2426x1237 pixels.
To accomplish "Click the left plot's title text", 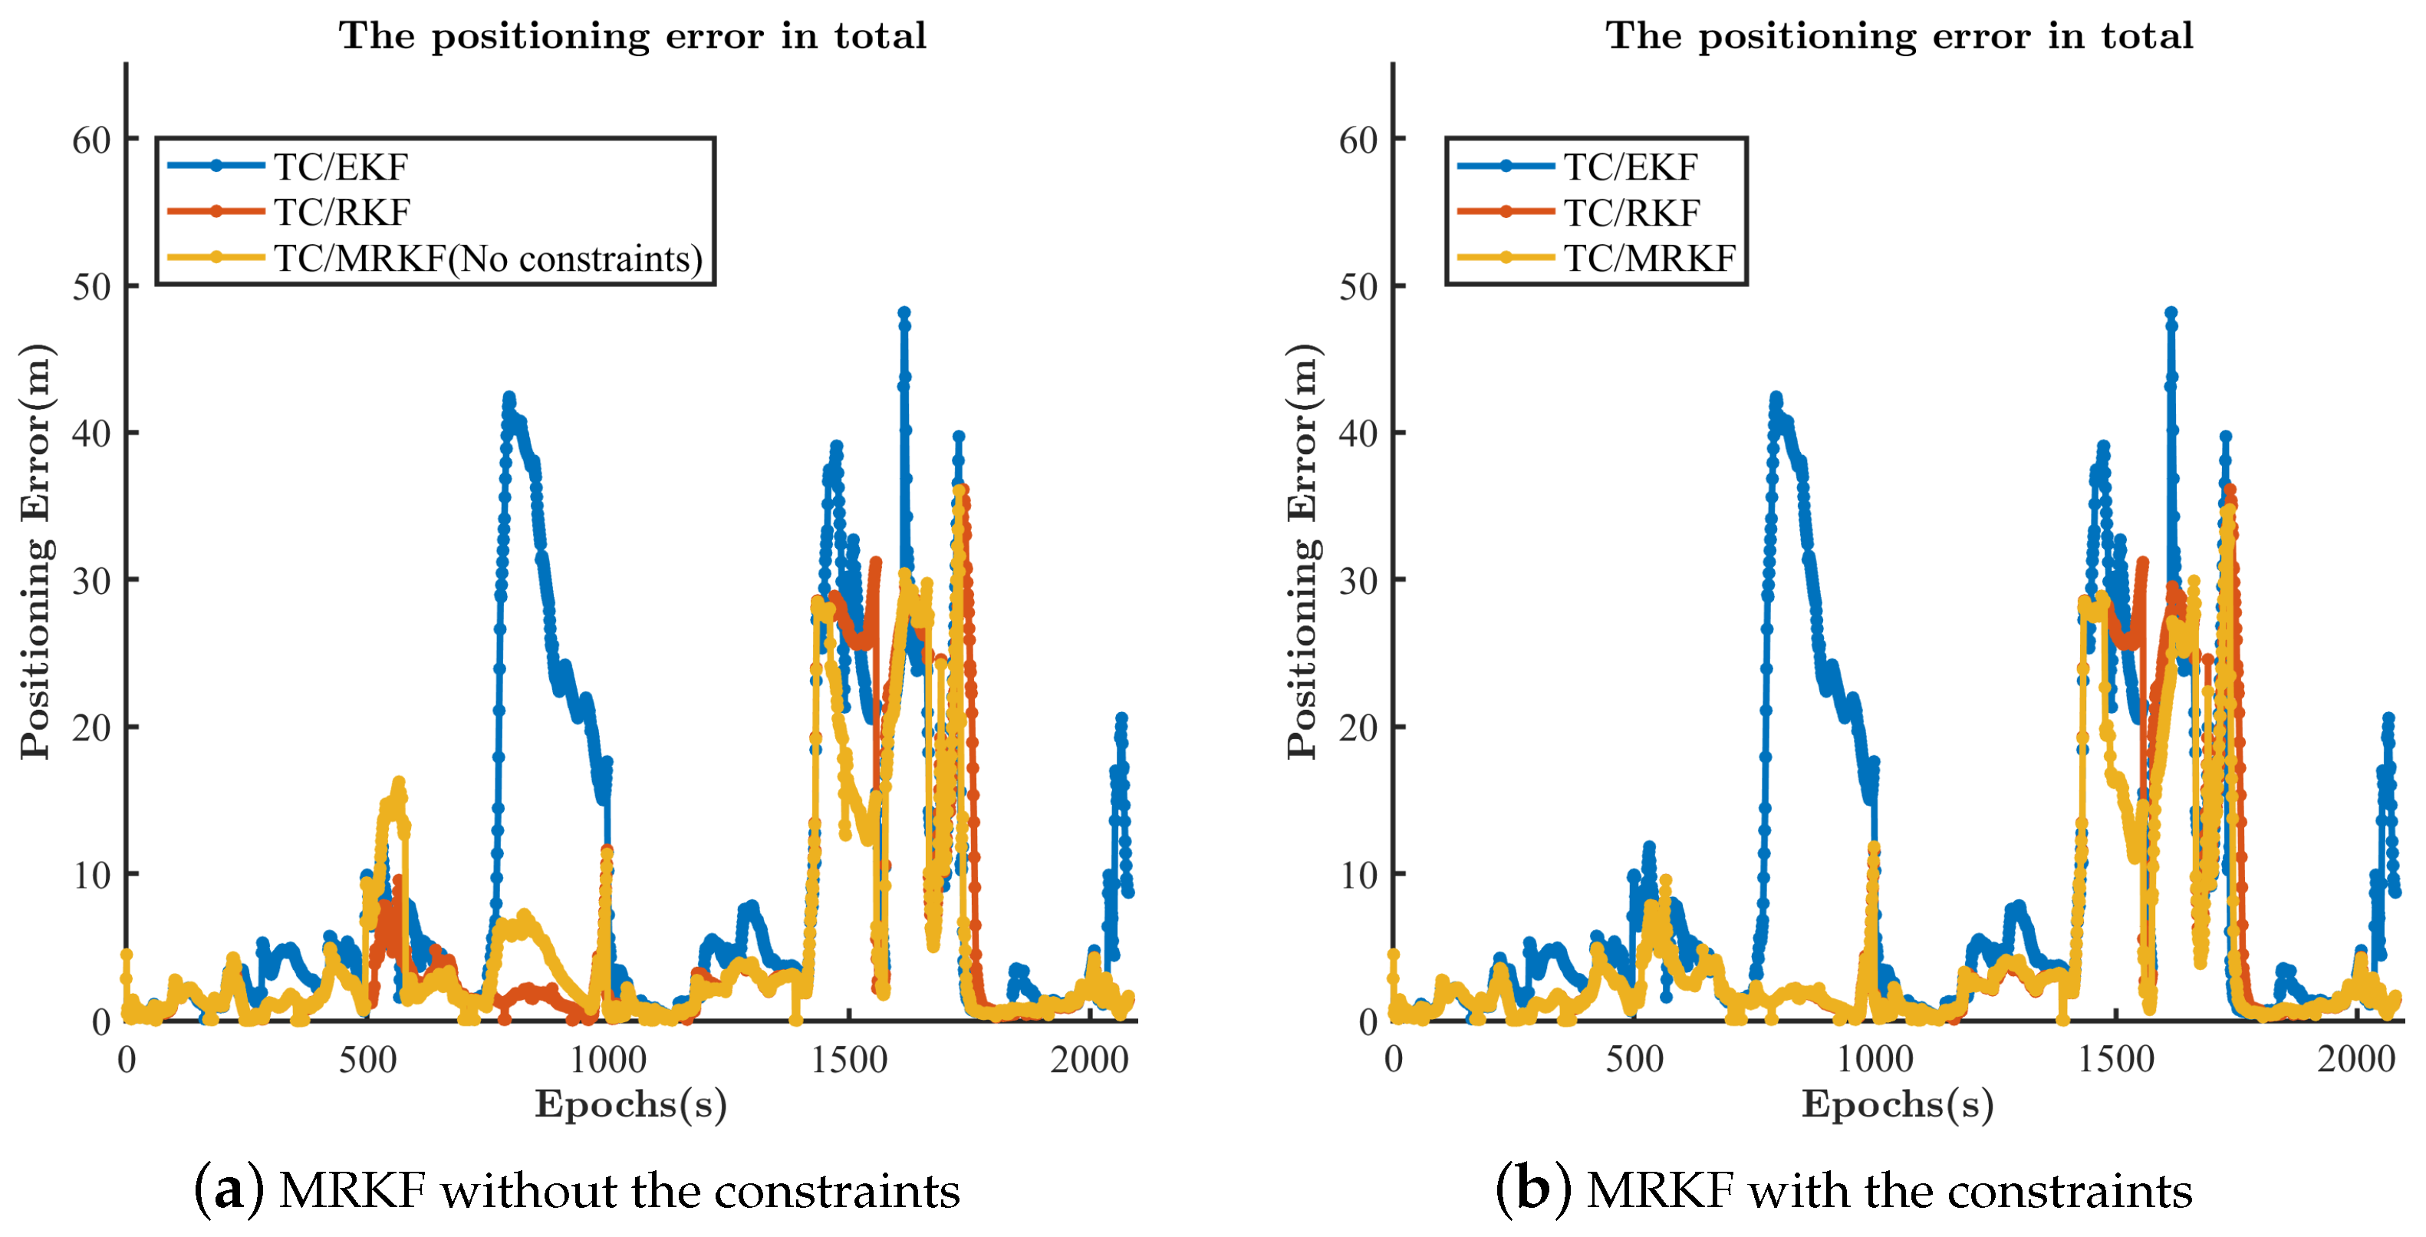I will click(632, 37).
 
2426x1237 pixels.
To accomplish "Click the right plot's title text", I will click(1898, 37).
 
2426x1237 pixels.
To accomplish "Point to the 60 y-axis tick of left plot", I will click(91, 141).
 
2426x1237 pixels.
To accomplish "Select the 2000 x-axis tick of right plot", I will click(2355, 1061).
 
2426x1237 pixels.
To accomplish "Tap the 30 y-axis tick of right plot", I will click(1358, 582).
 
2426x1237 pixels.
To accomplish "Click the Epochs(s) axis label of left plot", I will click(631, 1104).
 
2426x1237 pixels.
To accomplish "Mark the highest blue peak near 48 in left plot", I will click(904, 314).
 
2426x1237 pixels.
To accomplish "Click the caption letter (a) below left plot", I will click(229, 1191).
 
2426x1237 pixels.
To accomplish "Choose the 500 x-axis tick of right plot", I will click(1634, 1061).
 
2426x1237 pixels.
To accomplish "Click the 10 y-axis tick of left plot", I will click(91, 876).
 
